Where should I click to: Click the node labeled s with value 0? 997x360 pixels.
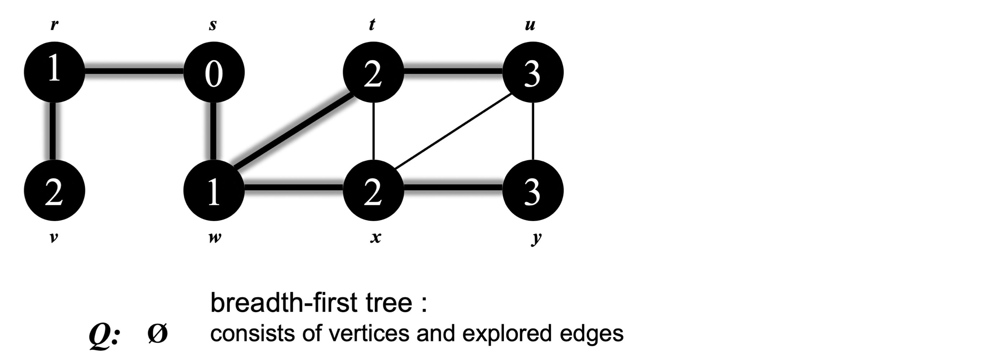pos(214,72)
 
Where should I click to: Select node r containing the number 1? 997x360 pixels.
pos(54,72)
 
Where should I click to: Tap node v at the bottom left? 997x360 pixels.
pos(54,191)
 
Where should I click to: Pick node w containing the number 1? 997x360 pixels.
pos(214,191)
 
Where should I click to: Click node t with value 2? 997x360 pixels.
pos(373,72)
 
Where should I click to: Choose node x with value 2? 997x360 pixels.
pos(373,191)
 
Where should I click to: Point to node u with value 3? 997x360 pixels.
pos(533,72)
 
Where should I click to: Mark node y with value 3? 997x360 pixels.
pos(533,191)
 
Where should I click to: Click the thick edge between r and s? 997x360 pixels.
pos(134,71)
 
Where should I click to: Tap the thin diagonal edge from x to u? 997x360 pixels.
pos(453,132)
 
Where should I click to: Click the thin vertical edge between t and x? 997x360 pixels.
pos(373,132)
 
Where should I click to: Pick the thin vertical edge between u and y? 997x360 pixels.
pos(533,132)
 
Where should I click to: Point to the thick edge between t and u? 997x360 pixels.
pos(453,71)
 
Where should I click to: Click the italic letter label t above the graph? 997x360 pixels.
pos(371,25)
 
